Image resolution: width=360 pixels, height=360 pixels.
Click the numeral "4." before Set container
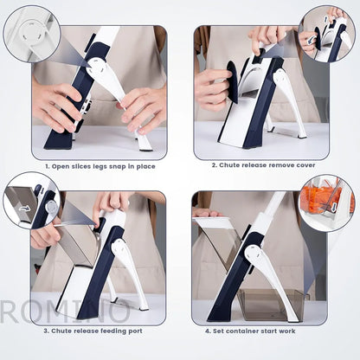209,330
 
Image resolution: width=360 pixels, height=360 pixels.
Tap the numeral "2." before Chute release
213,164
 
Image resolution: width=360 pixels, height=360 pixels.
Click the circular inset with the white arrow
30,202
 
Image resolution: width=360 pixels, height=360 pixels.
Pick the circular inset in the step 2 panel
326,33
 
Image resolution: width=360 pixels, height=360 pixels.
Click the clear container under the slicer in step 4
271,304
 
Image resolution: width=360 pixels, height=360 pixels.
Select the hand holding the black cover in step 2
210,87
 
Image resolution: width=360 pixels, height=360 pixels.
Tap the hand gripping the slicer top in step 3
112,206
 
